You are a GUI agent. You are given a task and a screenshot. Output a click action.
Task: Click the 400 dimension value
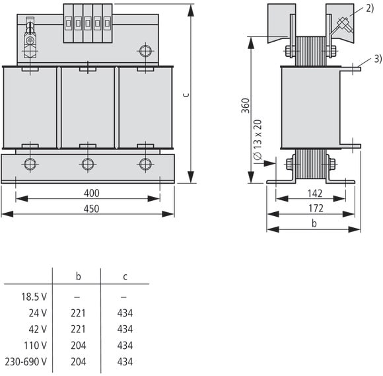point(92,193)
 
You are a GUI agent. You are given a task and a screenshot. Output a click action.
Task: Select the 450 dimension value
point(92,209)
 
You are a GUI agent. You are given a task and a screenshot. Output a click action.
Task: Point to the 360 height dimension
point(246,106)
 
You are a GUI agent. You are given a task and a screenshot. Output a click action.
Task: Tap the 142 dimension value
point(315,194)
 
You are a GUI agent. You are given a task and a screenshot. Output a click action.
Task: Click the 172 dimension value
point(316,208)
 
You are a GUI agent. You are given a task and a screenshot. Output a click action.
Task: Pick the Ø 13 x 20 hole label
point(258,139)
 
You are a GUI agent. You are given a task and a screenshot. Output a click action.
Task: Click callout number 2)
point(370,9)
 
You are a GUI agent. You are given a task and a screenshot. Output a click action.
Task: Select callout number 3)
point(378,59)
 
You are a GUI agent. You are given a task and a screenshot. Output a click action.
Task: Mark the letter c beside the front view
point(186,94)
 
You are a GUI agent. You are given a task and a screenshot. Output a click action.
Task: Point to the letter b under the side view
point(314,223)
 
